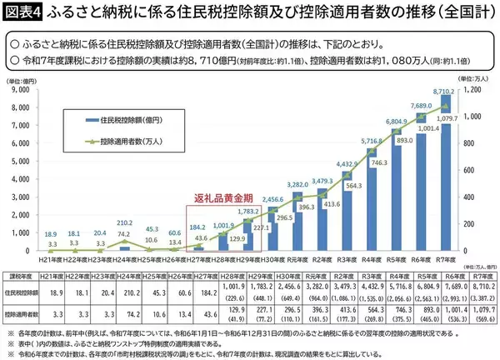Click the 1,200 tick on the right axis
click(474, 89)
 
